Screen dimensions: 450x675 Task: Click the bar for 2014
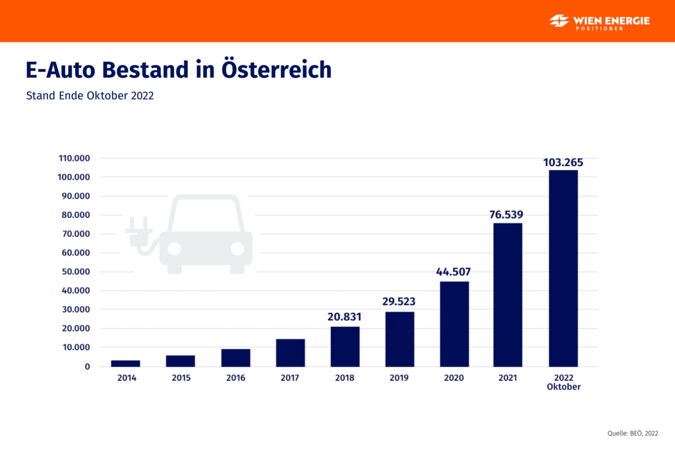click(125, 363)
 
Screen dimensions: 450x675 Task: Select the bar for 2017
click(290, 353)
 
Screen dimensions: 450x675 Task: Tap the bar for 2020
click(454, 324)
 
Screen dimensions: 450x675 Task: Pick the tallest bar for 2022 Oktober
click(563, 268)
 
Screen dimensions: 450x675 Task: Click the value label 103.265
click(563, 162)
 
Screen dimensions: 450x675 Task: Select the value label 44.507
click(454, 272)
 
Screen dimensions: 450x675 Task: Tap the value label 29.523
click(399, 302)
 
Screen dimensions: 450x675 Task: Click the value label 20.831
click(345, 317)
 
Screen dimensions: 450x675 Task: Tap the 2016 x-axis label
click(235, 378)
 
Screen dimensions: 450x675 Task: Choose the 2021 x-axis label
click(508, 378)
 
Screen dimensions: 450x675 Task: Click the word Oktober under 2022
click(563, 387)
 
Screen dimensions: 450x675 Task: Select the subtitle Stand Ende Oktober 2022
click(90, 96)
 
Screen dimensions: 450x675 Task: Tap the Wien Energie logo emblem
click(558, 21)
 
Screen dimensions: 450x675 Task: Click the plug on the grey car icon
click(139, 231)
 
